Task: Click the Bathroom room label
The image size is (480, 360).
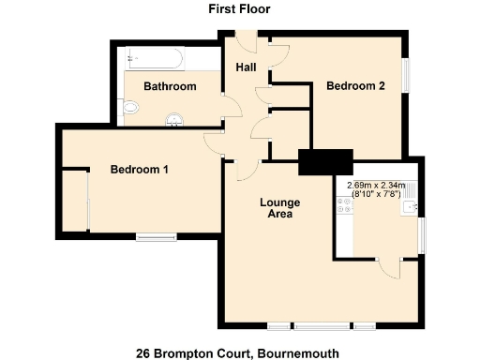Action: point(170,87)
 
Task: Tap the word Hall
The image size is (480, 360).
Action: point(246,67)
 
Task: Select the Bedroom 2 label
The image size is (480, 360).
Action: point(355,86)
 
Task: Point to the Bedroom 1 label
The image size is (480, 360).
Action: point(140,170)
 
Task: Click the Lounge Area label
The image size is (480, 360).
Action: point(279,208)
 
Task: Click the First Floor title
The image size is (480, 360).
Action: point(239,9)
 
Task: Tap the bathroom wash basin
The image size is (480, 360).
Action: point(175,119)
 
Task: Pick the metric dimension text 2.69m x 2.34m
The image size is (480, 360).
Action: point(375,185)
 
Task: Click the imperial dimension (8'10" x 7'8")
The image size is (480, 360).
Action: point(375,195)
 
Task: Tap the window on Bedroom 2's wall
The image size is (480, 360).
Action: point(407,77)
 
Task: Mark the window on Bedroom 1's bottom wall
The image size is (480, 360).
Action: point(155,236)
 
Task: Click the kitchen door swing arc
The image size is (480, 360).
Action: point(392,268)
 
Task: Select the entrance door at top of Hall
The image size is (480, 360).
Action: point(246,43)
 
